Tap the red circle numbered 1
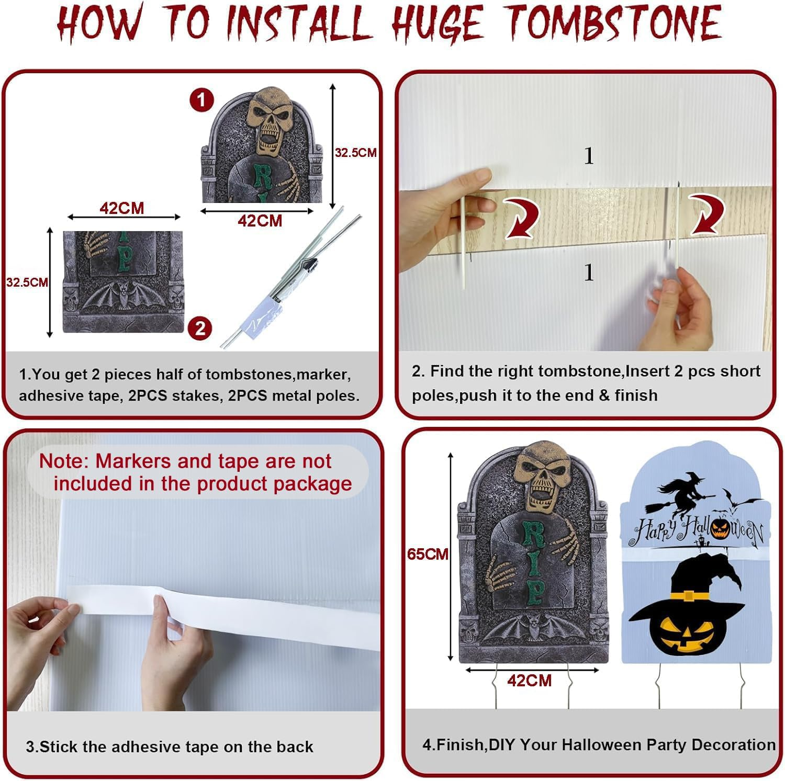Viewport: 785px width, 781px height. [x=201, y=100]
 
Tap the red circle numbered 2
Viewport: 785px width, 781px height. [x=200, y=329]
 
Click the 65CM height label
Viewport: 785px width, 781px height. [x=428, y=554]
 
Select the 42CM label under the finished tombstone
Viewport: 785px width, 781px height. [x=529, y=681]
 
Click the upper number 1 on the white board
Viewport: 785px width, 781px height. [x=589, y=156]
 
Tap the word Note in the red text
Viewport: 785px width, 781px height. [x=61, y=461]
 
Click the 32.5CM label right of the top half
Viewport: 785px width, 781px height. [x=356, y=153]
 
